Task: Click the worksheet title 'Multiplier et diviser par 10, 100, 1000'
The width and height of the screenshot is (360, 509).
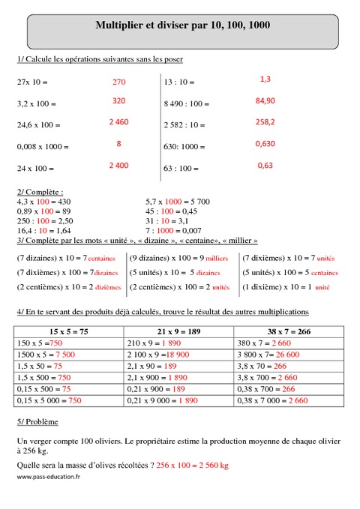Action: pos(183,25)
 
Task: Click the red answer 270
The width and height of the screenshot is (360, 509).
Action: pos(118,82)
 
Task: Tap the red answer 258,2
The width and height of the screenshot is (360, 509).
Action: pos(265,121)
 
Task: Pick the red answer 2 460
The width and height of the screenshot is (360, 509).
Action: pos(118,121)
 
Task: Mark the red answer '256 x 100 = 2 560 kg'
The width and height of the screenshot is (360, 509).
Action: pos(193,466)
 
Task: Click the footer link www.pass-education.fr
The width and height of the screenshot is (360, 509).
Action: pos(48,478)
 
